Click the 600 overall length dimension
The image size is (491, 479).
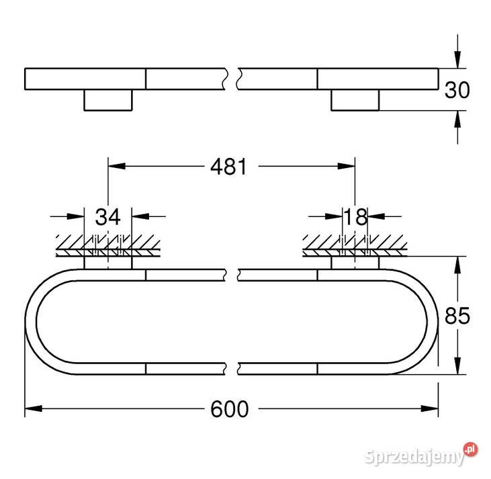click(x=230, y=409)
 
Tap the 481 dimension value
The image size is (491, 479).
click(x=229, y=166)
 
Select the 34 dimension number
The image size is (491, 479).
click(x=107, y=216)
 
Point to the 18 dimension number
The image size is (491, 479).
click(x=355, y=216)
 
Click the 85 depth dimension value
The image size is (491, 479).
click(x=457, y=316)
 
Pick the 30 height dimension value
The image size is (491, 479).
click(x=457, y=90)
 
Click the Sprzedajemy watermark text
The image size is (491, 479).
click(x=415, y=458)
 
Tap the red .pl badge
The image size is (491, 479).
click(x=471, y=449)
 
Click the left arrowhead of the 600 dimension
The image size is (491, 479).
click(x=33, y=408)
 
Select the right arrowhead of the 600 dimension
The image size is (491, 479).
click(x=430, y=408)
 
